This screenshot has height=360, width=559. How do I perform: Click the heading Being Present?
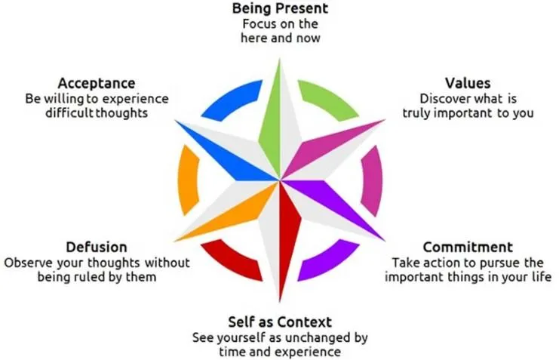[x=280, y=8]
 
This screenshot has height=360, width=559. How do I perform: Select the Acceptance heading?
[x=97, y=84]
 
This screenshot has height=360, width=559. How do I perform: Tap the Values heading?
[x=468, y=83]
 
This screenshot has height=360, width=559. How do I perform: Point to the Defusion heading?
[x=97, y=247]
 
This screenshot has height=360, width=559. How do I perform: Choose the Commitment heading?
[x=468, y=247]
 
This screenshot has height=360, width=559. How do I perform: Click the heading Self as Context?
[x=280, y=322]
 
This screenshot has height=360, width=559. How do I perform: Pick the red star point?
[x=289, y=232]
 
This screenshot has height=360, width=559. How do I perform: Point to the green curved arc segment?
[x=328, y=97]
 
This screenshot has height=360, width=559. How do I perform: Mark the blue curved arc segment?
[x=232, y=97]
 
